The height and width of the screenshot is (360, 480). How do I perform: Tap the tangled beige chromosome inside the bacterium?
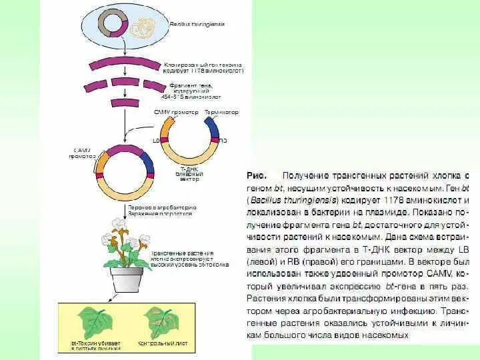click(x=143, y=27)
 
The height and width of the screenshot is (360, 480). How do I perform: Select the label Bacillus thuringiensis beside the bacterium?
click(x=197, y=24)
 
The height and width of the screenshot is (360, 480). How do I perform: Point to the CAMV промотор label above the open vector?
click(x=177, y=113)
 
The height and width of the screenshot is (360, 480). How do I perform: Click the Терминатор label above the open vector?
click(x=221, y=113)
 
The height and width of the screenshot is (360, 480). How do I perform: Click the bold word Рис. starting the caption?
click(x=257, y=176)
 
